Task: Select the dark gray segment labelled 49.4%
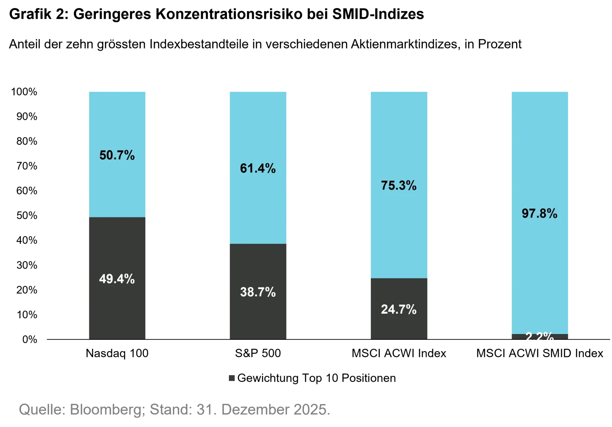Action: tap(117, 310)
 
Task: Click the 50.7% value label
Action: tap(117, 155)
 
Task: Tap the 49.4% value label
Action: tap(117, 279)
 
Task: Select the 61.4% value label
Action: tap(257, 168)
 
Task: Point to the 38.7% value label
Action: tap(257, 292)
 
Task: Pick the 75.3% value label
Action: tap(399, 186)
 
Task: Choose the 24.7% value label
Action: tap(399, 310)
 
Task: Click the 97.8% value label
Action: tap(539, 213)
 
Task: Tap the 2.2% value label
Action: tap(539, 337)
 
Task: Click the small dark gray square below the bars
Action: tap(232, 376)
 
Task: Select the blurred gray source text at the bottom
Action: tap(173, 410)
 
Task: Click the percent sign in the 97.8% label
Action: tap(552, 213)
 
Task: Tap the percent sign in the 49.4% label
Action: tap(129, 279)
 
